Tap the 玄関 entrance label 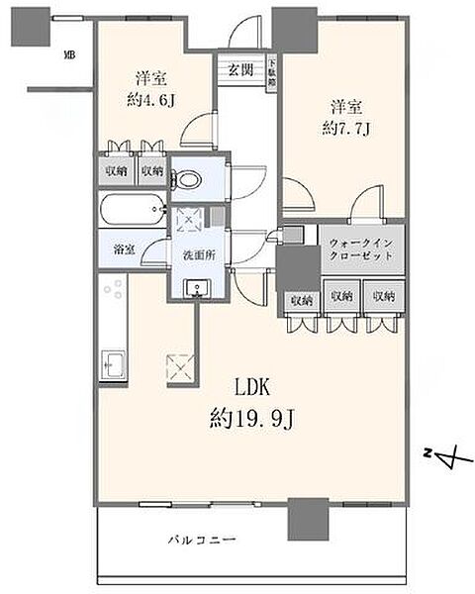241,69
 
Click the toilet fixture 187,179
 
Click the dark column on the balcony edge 308,515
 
